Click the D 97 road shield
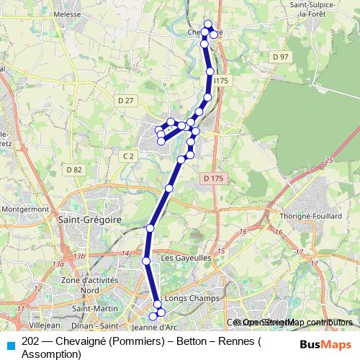click(x=280, y=57)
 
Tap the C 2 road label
click(x=128, y=156)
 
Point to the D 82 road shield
click(x=73, y=169)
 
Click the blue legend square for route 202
click(x=10, y=345)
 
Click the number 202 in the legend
click(x=30, y=341)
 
